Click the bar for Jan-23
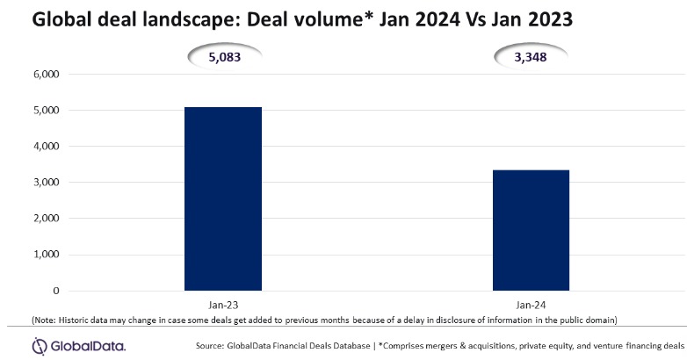pyautogui.click(x=222, y=198)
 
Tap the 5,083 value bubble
pyautogui.click(x=222, y=59)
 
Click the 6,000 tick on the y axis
pyautogui.click(x=43, y=75)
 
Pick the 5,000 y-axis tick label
pyautogui.click(x=43, y=111)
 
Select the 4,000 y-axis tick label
pyautogui.click(x=43, y=147)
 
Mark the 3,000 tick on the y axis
pyautogui.click(x=43, y=183)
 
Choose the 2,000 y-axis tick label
pyautogui.click(x=43, y=219)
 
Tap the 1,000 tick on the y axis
pyautogui.click(x=43, y=255)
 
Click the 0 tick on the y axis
pyautogui.click(x=54, y=291)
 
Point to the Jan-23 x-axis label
pyautogui.click(x=222, y=303)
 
